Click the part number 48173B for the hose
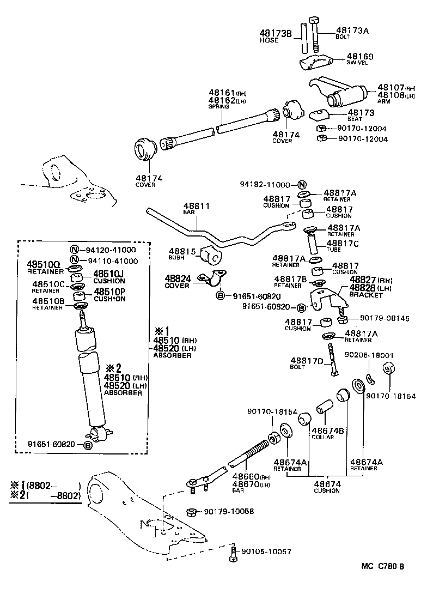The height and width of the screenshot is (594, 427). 276,33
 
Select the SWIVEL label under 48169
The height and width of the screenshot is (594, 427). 357,63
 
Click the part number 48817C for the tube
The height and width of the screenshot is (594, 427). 343,243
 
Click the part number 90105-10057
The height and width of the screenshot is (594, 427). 266,551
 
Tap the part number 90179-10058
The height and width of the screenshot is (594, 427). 229,511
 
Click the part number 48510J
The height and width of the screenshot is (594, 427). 109,274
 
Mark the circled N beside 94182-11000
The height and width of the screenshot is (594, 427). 302,184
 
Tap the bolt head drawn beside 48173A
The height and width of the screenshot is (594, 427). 314,21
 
